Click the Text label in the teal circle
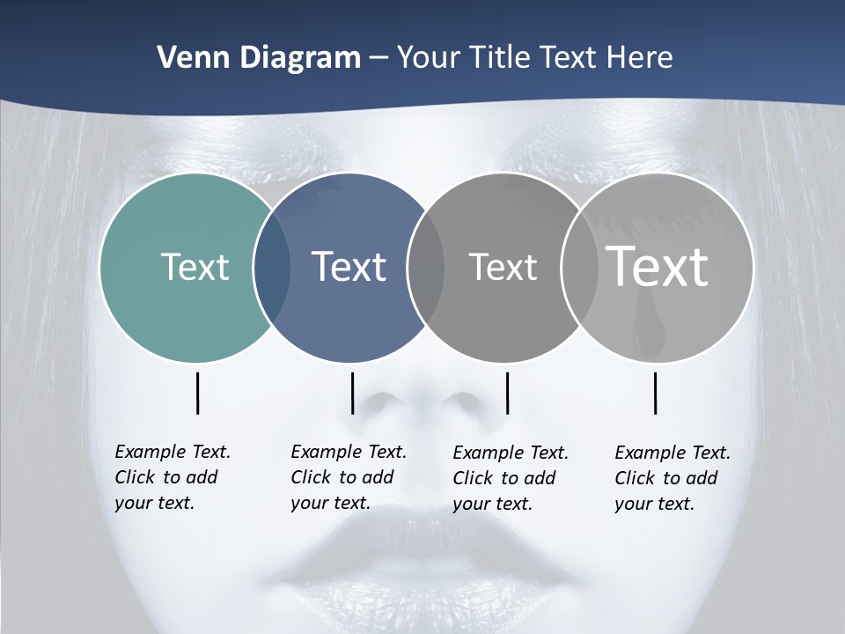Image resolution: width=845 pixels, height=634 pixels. (195, 267)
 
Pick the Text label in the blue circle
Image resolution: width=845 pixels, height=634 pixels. (349, 267)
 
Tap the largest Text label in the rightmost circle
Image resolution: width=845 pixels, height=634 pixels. (657, 266)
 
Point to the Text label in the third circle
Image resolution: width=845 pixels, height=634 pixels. (503, 267)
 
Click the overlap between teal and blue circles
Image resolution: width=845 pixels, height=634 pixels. (272, 267)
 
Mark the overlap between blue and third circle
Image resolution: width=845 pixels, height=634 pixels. (426, 267)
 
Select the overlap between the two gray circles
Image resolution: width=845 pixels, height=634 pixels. (580, 267)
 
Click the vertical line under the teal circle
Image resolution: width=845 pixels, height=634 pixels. (197, 393)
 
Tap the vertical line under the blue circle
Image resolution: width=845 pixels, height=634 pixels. (352, 393)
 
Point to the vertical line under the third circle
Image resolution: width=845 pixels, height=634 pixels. (507, 393)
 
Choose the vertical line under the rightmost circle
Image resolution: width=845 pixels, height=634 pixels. (655, 393)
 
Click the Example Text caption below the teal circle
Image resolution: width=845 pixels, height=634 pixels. (172, 477)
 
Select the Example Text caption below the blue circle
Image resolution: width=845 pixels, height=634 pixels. (348, 477)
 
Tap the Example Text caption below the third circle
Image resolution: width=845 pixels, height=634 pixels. (510, 478)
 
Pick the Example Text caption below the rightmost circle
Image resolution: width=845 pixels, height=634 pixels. (672, 478)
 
